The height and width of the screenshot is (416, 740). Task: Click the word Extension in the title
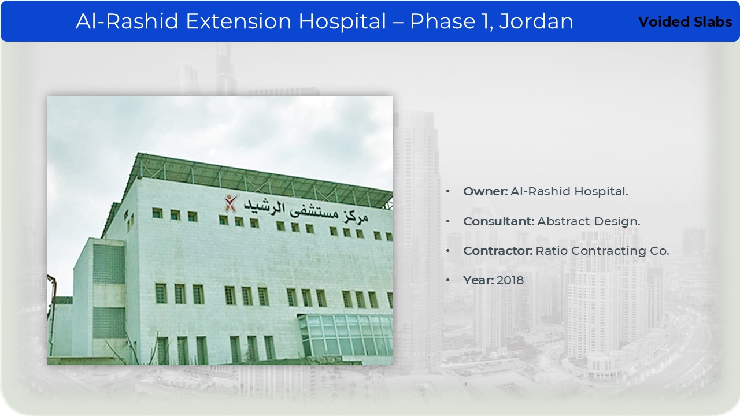(239, 21)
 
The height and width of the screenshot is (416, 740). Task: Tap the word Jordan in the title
(536, 22)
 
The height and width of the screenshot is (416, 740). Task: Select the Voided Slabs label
(685, 22)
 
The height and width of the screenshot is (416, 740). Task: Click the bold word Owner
(485, 191)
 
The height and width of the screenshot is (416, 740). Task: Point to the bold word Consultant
(498, 221)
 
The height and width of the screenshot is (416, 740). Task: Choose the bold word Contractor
(498, 251)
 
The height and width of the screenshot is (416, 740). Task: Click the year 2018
(510, 280)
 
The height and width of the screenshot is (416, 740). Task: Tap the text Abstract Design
(589, 221)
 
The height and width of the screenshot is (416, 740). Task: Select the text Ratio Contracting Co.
(602, 251)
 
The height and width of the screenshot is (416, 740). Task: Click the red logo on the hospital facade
(231, 203)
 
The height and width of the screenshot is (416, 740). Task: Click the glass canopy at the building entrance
(345, 335)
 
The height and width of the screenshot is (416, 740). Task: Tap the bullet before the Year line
(448, 280)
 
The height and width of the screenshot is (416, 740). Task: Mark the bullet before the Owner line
(448, 191)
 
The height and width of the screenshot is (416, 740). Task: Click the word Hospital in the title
(342, 22)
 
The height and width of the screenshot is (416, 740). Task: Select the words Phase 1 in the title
(450, 21)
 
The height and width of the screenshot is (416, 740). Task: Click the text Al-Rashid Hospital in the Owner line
(569, 191)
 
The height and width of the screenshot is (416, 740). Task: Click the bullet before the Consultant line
(448, 221)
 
